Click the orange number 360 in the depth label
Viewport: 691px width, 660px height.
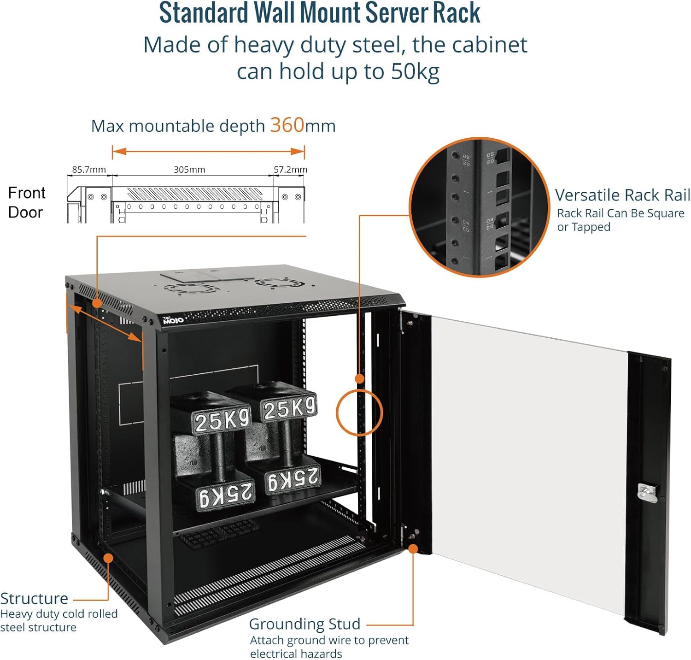point(287,125)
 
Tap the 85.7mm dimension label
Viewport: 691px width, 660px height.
point(88,170)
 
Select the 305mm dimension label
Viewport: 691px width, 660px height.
point(189,170)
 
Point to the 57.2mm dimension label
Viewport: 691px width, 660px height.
point(290,170)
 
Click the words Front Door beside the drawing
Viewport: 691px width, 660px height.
point(26,202)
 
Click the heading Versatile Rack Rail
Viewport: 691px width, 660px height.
point(622,195)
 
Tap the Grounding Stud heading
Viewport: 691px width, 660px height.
point(305,624)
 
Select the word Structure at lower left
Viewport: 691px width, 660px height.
point(34,598)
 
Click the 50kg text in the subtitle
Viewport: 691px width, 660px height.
point(415,71)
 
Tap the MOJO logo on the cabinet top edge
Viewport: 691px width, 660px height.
point(173,319)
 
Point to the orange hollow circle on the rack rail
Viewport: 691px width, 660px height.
point(359,412)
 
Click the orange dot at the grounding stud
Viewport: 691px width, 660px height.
point(413,548)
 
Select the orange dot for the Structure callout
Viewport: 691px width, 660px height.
point(108,558)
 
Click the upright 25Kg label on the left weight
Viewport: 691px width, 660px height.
point(222,420)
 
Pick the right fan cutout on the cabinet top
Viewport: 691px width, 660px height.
point(281,281)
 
